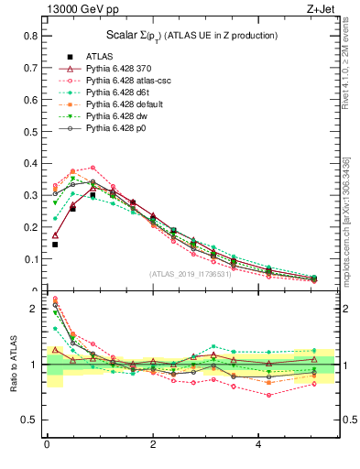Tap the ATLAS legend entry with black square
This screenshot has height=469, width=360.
click(x=99, y=56)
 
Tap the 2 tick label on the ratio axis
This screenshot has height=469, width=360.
click(x=34, y=309)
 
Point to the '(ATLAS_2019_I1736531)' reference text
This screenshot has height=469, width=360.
click(x=192, y=274)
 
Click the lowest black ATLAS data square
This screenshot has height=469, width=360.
click(x=55, y=245)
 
